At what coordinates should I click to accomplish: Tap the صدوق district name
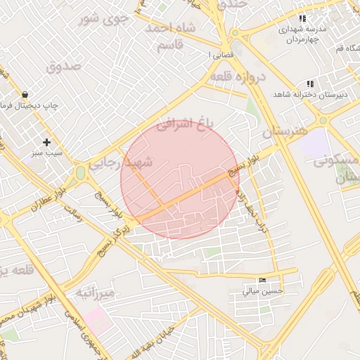pos(64,66)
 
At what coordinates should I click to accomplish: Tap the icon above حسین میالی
pos(263,281)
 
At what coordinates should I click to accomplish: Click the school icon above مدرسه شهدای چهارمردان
pos(302,19)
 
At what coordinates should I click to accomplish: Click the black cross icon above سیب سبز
pos(46,142)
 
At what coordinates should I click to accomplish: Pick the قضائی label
pos(217,53)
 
